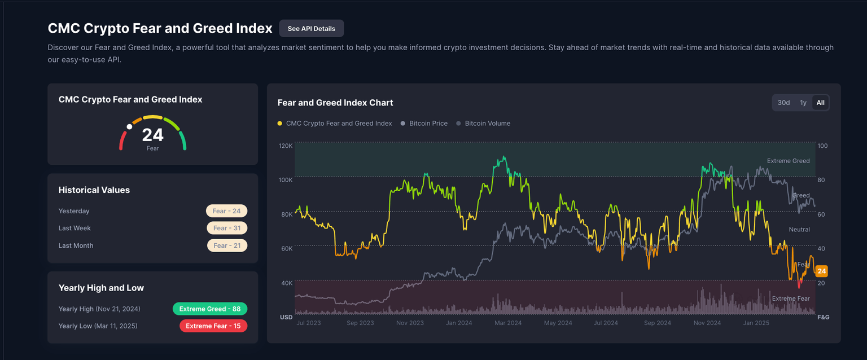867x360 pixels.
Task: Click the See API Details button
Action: [311, 29]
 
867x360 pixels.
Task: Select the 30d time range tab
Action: [783, 103]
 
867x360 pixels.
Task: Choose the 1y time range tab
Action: [803, 103]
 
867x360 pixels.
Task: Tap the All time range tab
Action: [820, 103]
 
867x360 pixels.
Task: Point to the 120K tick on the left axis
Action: [286, 146]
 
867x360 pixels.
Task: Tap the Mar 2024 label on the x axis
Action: [508, 323]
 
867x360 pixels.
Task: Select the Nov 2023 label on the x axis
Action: [410, 323]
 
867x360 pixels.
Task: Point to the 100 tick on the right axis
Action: [822, 146]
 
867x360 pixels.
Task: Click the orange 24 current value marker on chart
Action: [821, 271]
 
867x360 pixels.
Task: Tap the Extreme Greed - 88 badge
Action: [209, 309]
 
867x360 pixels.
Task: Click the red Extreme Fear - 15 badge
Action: [213, 326]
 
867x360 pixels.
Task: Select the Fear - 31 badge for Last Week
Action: [226, 229]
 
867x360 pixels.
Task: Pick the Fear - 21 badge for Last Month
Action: [226, 245]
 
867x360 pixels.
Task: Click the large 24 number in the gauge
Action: [152, 135]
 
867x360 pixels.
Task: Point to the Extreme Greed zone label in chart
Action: [788, 161]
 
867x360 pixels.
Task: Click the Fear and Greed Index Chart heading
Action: [335, 103]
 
